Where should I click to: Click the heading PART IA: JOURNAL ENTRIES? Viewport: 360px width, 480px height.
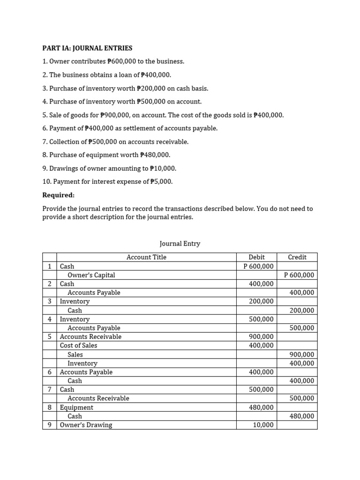(x=87, y=48)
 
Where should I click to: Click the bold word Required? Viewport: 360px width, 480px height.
(x=59, y=195)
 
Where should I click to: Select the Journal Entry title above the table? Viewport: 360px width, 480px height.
(x=180, y=244)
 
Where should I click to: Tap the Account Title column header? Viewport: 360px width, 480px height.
(x=146, y=257)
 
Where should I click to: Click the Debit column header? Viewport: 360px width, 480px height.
(x=256, y=257)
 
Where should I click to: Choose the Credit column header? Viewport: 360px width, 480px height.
(x=297, y=257)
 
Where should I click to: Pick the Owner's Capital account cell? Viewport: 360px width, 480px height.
(x=91, y=275)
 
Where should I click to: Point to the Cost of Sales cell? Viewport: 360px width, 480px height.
(x=79, y=345)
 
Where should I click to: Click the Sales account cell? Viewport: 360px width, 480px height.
(x=75, y=354)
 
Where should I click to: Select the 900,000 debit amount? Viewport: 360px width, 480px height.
(x=261, y=337)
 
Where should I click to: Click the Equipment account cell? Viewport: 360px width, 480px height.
(x=76, y=407)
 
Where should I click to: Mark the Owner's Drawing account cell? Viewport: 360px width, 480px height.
(x=86, y=425)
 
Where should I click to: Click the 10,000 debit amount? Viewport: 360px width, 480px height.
(x=263, y=425)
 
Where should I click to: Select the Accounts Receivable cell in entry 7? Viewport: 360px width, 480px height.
(x=98, y=398)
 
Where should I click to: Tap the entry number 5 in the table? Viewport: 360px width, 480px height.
(x=49, y=337)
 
